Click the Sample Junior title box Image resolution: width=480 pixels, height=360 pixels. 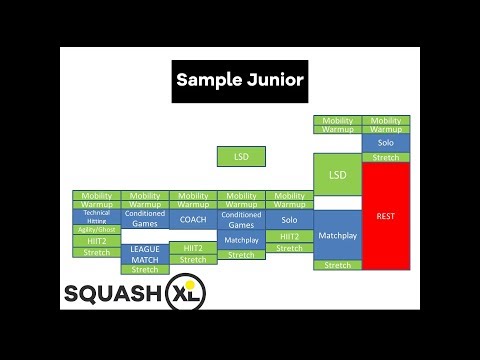[240, 79]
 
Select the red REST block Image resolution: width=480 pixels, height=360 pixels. [386, 216]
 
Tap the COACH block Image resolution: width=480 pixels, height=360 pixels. [193, 220]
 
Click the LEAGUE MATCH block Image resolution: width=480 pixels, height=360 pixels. [145, 254]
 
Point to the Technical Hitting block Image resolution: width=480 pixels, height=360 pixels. [96, 215]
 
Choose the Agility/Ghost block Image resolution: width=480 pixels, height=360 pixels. [96, 230]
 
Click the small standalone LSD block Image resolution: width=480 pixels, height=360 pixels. [241, 157]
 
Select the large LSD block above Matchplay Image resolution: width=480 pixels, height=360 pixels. [338, 175]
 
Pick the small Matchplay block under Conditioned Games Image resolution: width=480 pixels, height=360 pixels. [241, 240]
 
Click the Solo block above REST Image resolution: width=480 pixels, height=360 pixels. [386, 143]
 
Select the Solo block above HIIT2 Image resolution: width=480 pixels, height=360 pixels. [290, 219]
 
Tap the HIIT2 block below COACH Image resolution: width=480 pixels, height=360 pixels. [193, 247]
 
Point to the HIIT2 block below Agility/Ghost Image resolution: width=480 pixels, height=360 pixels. [96, 241]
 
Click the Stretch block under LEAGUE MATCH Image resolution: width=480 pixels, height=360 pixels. [145, 269]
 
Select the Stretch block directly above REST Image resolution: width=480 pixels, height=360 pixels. [386, 157]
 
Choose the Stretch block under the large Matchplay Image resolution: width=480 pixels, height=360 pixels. [338, 265]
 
